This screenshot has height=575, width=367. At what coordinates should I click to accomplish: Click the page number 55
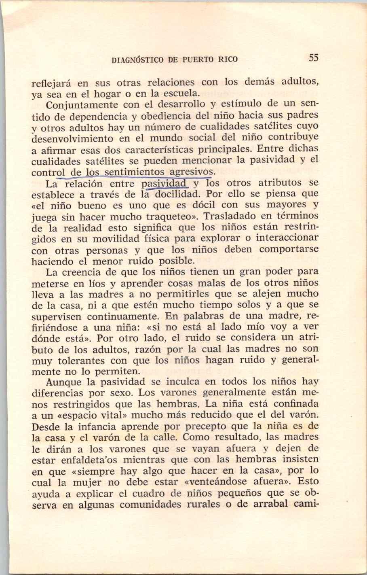point(314,58)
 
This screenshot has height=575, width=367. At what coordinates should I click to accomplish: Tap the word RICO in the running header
point(228,59)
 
